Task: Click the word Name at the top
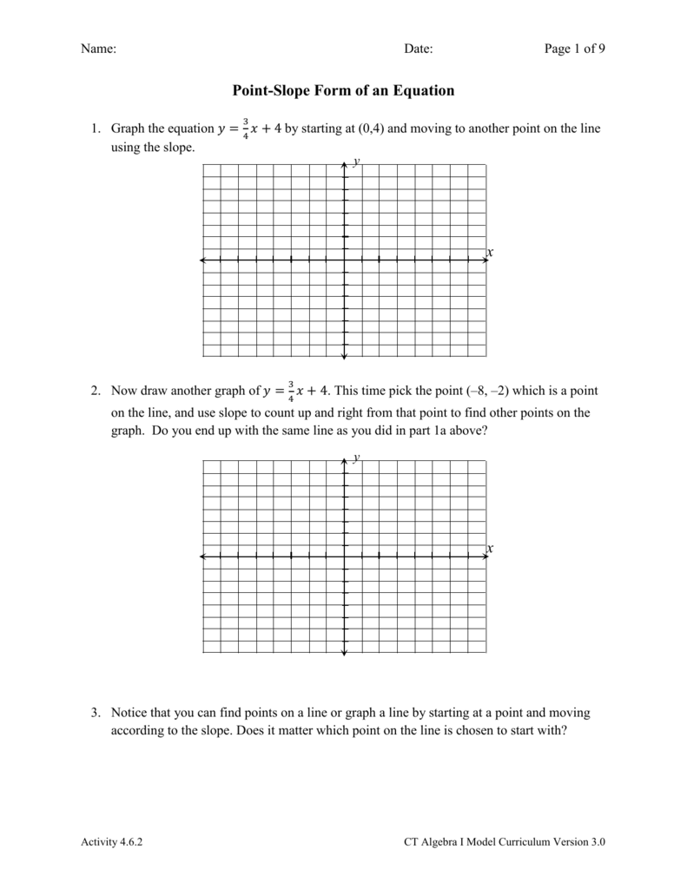(98, 49)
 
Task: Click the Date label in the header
(418, 49)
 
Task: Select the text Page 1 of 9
(574, 49)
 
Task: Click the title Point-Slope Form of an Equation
(343, 90)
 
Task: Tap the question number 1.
(95, 129)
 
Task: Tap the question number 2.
(95, 392)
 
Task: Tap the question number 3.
(95, 713)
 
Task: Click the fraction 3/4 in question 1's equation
(246, 128)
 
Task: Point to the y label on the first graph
(356, 161)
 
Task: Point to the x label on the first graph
(490, 253)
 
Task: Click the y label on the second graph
(356, 458)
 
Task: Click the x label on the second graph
(490, 549)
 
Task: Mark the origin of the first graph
(344, 259)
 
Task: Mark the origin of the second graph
(344, 556)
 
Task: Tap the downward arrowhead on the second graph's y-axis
(344, 651)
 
